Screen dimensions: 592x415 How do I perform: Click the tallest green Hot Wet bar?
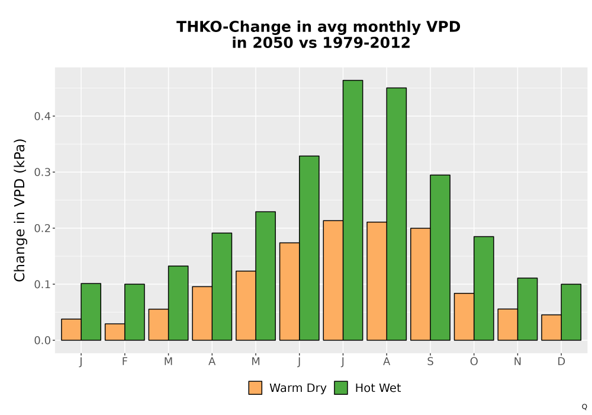click(x=353, y=210)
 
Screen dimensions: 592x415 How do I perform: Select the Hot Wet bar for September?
click(x=440, y=257)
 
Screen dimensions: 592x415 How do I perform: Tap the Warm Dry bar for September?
click(x=420, y=284)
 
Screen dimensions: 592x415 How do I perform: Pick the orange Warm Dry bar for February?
click(x=115, y=332)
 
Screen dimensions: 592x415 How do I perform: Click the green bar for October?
click(x=484, y=288)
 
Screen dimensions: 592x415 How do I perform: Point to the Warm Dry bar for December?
click(x=551, y=327)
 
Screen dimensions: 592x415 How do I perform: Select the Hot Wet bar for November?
click(x=527, y=309)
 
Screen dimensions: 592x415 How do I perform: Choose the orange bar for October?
click(x=464, y=317)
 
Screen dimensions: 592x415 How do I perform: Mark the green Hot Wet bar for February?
click(x=134, y=312)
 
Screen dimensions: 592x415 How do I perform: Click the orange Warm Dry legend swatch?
click(x=255, y=388)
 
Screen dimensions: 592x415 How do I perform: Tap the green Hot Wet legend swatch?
click(x=341, y=388)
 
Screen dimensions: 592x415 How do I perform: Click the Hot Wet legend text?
click(x=378, y=388)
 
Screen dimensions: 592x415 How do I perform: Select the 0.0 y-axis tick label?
click(x=42, y=340)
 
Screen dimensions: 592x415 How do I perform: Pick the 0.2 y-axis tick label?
click(x=42, y=228)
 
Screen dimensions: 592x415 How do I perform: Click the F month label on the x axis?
click(x=124, y=362)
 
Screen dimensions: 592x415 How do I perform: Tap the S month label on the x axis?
click(x=430, y=362)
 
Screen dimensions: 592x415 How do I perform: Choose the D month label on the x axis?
click(x=561, y=362)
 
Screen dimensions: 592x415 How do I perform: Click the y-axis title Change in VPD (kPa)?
click(x=20, y=210)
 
